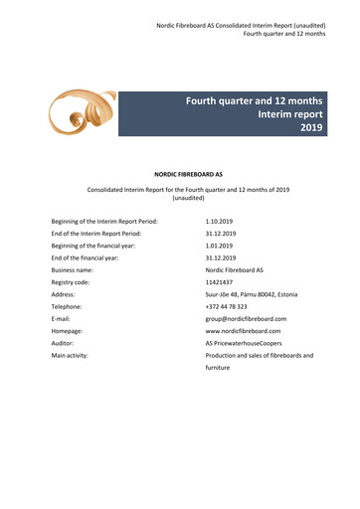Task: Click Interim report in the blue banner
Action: pos(282,114)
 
